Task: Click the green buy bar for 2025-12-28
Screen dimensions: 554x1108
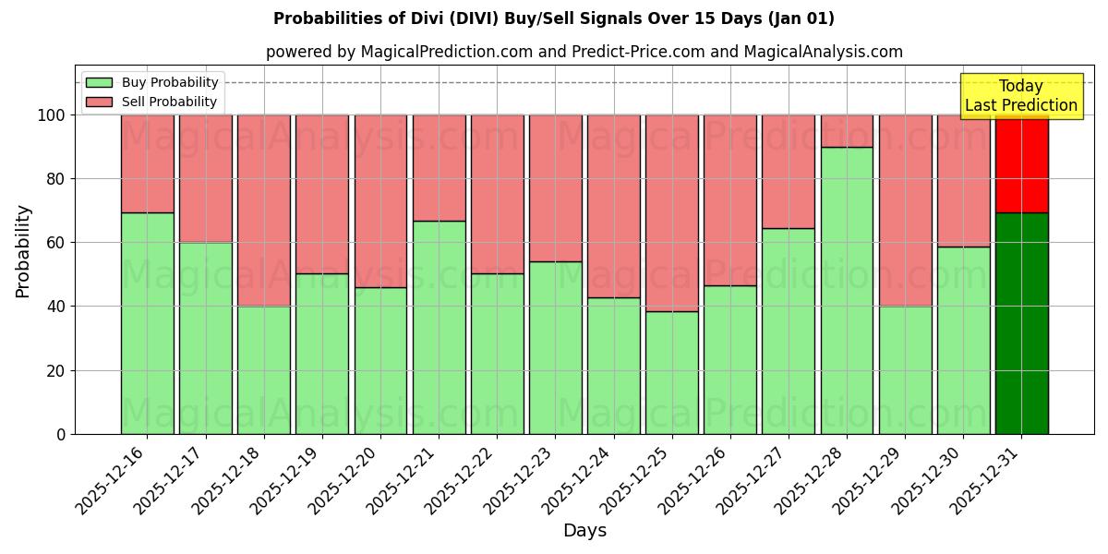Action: coord(847,291)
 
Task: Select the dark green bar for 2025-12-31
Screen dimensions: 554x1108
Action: coord(1021,323)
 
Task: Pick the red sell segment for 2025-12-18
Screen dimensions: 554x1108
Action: coord(264,211)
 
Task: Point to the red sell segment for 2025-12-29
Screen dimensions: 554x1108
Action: coord(905,211)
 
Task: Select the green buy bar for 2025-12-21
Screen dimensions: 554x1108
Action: coord(439,327)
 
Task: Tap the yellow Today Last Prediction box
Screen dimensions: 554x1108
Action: coord(1020,96)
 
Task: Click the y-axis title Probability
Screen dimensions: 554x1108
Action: coord(23,251)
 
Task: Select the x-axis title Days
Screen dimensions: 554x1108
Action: coord(584,531)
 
